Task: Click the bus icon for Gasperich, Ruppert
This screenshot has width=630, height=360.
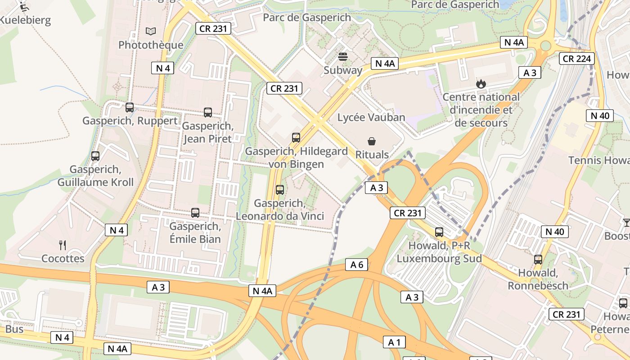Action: (x=130, y=108)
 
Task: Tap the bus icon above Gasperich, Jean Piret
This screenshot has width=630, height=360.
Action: (x=208, y=112)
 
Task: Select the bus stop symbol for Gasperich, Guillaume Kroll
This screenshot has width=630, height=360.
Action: (x=95, y=156)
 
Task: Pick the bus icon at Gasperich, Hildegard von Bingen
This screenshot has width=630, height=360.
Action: (x=296, y=138)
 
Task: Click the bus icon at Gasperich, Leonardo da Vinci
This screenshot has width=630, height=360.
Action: (x=280, y=190)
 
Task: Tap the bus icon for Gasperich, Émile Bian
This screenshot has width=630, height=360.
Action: (x=195, y=213)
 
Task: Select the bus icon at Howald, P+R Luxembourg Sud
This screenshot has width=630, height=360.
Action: (x=439, y=232)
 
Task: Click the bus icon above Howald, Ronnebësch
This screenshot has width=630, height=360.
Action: (x=538, y=259)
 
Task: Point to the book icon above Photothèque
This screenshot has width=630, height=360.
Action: (x=151, y=31)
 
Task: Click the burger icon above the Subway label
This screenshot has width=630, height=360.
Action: (x=343, y=57)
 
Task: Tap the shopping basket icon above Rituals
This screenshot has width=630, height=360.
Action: (x=372, y=141)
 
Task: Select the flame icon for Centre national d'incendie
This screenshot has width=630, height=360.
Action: (x=481, y=84)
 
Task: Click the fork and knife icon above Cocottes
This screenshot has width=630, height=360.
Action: (x=63, y=245)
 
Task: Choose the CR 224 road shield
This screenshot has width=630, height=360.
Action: (x=577, y=58)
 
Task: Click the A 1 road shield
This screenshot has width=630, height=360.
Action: (x=394, y=342)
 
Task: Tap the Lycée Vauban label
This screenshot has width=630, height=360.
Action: (x=372, y=117)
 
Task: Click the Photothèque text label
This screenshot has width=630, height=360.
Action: (x=151, y=45)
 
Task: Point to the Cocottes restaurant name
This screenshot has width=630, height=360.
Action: (x=63, y=258)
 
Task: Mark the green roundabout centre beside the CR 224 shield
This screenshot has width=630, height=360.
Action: (x=546, y=45)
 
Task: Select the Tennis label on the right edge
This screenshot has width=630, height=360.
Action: (x=598, y=160)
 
